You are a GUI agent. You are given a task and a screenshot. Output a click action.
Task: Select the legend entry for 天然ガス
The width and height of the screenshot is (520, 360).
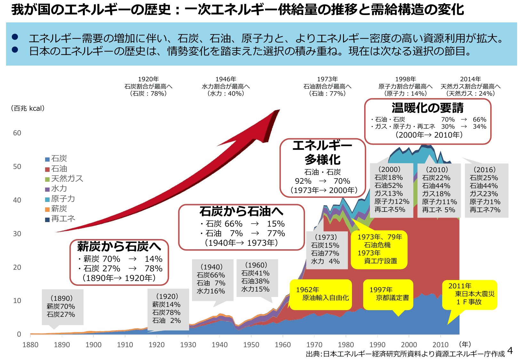coord(64,179)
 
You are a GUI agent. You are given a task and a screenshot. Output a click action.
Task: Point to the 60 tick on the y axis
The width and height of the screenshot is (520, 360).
coord(17,133)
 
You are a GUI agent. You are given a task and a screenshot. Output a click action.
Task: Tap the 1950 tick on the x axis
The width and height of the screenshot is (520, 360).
coord(251,345)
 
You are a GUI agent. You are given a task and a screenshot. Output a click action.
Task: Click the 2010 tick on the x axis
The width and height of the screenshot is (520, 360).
coord(440,345)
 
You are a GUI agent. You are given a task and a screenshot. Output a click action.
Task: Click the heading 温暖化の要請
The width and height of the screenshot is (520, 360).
coord(427,108)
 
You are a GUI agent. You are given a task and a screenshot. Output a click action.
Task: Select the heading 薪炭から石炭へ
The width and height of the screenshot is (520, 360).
coord(119,246)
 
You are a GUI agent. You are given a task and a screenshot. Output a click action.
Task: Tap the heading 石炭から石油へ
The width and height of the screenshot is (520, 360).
coord(241,212)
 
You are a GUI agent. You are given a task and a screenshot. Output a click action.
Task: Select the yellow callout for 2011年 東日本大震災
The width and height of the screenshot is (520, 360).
coord(470,294)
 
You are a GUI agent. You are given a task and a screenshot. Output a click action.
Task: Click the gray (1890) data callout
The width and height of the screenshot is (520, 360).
coord(62,307)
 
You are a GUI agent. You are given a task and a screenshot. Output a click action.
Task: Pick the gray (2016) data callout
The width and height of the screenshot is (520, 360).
coord(486,190)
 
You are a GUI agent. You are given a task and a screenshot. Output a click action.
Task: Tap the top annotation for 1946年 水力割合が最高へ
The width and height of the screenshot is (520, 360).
coord(226,86)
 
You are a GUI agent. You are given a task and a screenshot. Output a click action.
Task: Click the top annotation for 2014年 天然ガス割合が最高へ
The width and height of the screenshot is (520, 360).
coord(470,86)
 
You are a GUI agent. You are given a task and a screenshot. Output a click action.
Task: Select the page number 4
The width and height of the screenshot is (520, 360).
coord(510,351)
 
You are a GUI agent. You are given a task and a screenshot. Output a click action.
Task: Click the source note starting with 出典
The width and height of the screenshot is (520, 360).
coord(405,354)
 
